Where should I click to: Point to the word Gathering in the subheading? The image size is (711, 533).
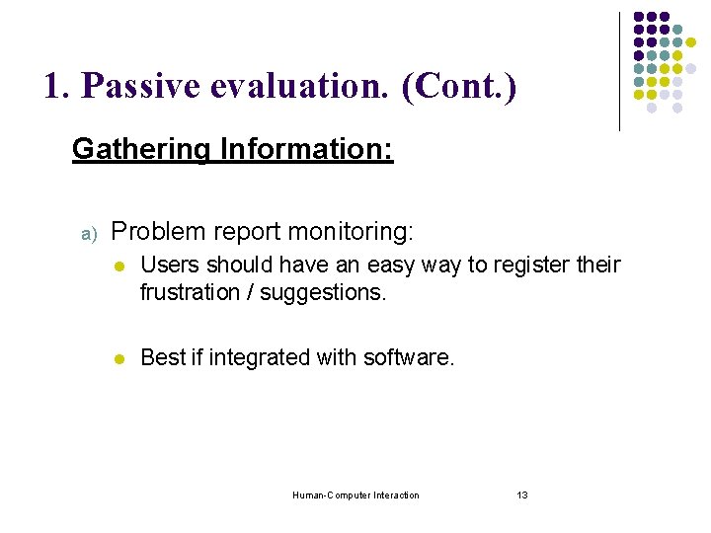(x=140, y=150)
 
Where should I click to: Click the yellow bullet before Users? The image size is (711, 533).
(x=118, y=266)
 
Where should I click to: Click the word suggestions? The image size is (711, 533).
(x=333, y=293)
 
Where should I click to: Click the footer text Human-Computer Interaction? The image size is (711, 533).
(x=355, y=495)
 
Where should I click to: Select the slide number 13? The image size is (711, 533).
(x=522, y=495)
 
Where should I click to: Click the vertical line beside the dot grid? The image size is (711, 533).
(x=619, y=71)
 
